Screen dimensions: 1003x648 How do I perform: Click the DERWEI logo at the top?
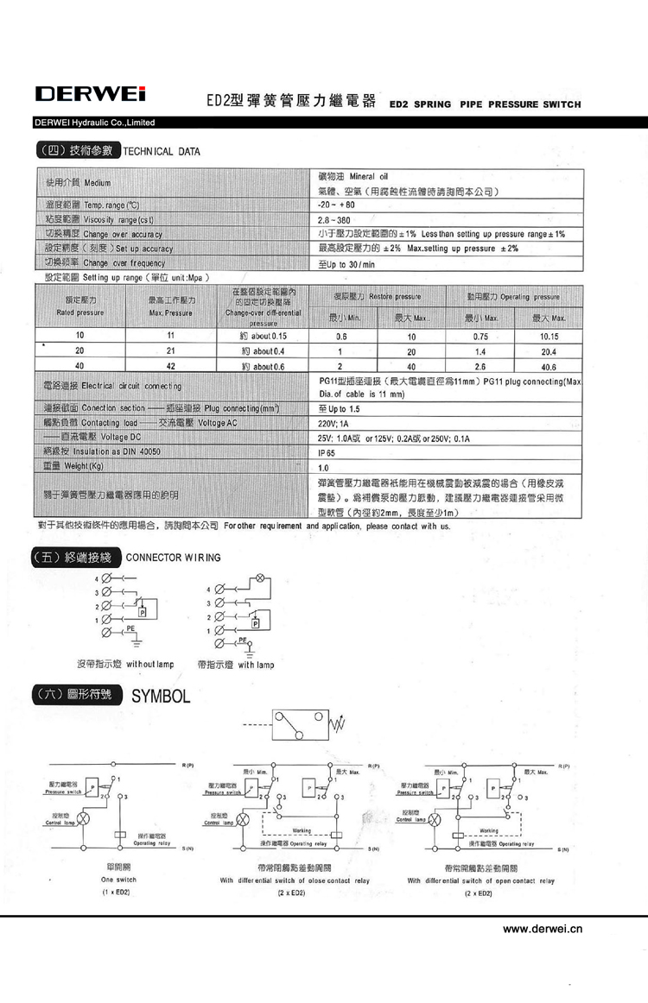point(90,93)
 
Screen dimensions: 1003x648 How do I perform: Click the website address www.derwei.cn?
point(543,929)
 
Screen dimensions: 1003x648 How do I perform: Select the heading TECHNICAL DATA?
point(162,152)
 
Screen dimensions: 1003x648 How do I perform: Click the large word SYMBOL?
point(161,696)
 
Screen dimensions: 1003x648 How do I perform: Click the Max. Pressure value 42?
point(171,366)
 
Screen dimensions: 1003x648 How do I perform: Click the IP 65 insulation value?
point(327,451)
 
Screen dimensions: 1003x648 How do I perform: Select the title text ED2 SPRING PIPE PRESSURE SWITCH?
point(486,104)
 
